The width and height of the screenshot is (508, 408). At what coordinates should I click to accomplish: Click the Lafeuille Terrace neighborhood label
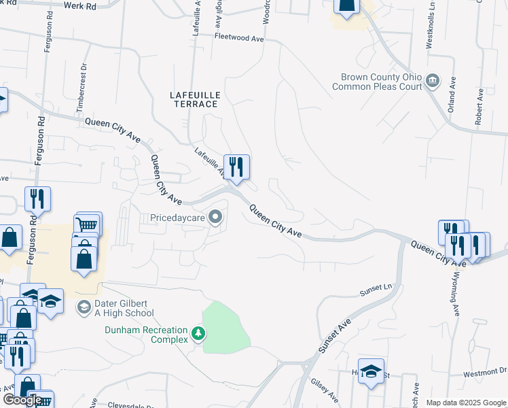tap(194, 99)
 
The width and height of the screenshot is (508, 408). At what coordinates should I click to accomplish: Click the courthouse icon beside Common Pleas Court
tap(432, 82)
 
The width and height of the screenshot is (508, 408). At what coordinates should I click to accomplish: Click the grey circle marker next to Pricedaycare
tap(216, 218)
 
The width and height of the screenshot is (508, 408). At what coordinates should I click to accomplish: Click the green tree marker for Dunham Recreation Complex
tap(198, 333)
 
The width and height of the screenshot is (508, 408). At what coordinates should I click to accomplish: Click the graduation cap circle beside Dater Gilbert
tap(84, 308)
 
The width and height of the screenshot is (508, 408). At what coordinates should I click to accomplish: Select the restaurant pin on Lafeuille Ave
tap(236, 167)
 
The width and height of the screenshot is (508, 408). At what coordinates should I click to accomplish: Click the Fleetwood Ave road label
tap(238, 38)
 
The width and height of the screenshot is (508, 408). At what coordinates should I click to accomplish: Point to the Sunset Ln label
tap(376, 290)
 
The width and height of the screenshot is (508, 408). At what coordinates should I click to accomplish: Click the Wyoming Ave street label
tap(454, 293)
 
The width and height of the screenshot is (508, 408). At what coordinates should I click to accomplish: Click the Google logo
tap(22, 399)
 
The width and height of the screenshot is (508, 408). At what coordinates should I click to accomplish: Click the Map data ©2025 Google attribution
tap(466, 403)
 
